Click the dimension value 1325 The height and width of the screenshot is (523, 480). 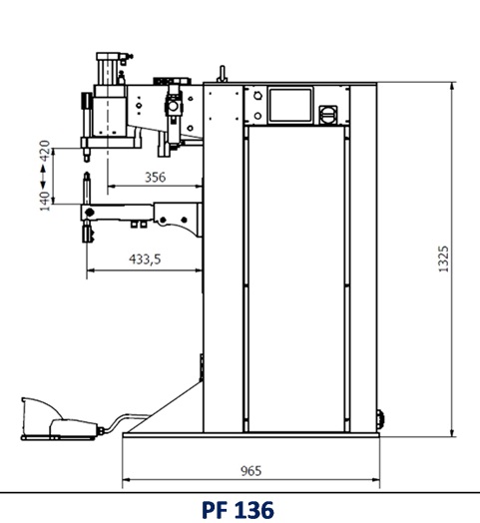(444, 260)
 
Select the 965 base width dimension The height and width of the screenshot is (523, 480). (251, 471)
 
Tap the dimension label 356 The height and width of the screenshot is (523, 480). (155, 177)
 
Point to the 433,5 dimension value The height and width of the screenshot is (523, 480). (145, 259)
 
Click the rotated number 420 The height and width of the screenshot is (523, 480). (45, 151)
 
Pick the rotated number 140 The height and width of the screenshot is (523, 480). (45, 202)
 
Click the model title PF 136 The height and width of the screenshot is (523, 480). (238, 509)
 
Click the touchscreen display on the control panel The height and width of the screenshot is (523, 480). (290, 105)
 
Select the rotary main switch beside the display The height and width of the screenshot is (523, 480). (328, 115)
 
